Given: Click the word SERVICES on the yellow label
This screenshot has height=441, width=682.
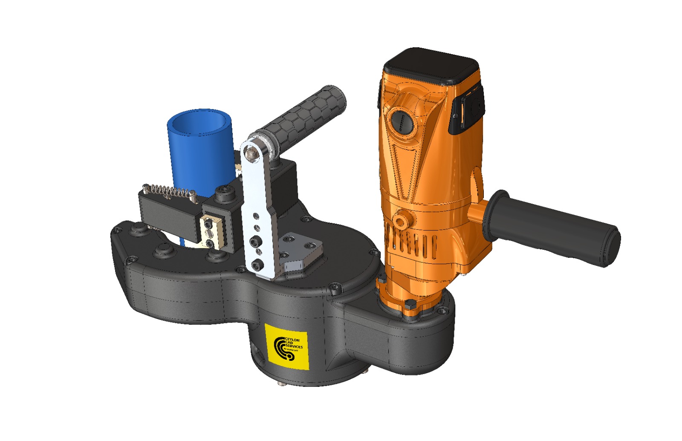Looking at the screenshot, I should click(x=295, y=347).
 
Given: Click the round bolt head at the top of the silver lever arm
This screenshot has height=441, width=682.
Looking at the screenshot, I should click(x=254, y=152).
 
